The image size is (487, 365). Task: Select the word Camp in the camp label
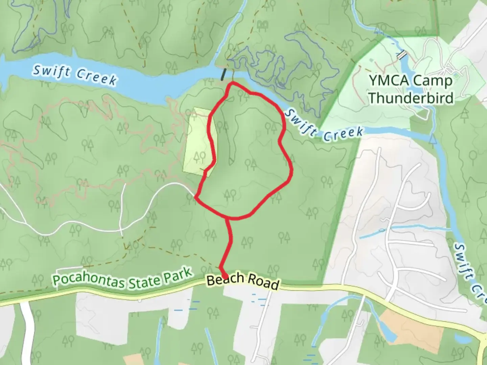coord(432,81)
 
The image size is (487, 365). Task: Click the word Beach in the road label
coord(225,279)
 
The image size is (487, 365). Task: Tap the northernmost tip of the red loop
coord(232,82)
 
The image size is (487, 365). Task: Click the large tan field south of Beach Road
coord(402,324)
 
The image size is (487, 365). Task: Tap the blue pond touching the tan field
coord(389,333)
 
